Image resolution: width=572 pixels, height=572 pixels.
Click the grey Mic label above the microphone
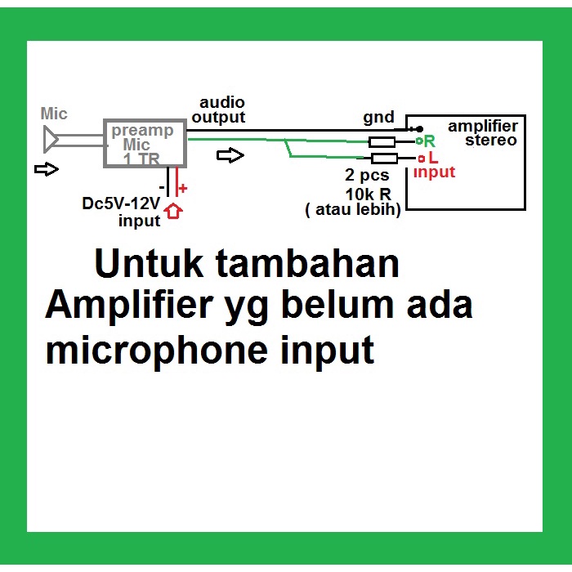(54, 114)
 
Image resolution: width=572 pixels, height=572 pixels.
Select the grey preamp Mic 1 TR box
(145, 143)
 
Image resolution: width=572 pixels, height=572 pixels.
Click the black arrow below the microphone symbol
(47, 169)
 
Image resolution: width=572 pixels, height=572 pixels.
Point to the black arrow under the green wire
(230, 156)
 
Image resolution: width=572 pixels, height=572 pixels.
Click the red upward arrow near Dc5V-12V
(173, 211)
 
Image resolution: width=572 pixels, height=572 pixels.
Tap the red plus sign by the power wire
(183, 188)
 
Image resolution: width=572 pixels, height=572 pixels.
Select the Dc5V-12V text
(121, 203)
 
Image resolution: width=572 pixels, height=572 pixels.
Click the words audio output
(219, 109)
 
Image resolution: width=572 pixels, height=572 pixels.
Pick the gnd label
(378, 118)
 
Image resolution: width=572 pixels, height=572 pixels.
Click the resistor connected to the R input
(382, 142)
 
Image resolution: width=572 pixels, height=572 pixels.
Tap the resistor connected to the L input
(384, 159)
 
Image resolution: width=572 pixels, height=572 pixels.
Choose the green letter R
(430, 141)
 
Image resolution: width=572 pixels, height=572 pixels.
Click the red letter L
(433, 158)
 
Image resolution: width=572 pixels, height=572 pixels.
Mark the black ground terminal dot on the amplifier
(420, 129)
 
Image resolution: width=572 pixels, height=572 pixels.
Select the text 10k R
(368, 194)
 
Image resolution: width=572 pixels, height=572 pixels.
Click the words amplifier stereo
(483, 133)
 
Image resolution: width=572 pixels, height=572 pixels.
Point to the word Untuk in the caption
(149, 263)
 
